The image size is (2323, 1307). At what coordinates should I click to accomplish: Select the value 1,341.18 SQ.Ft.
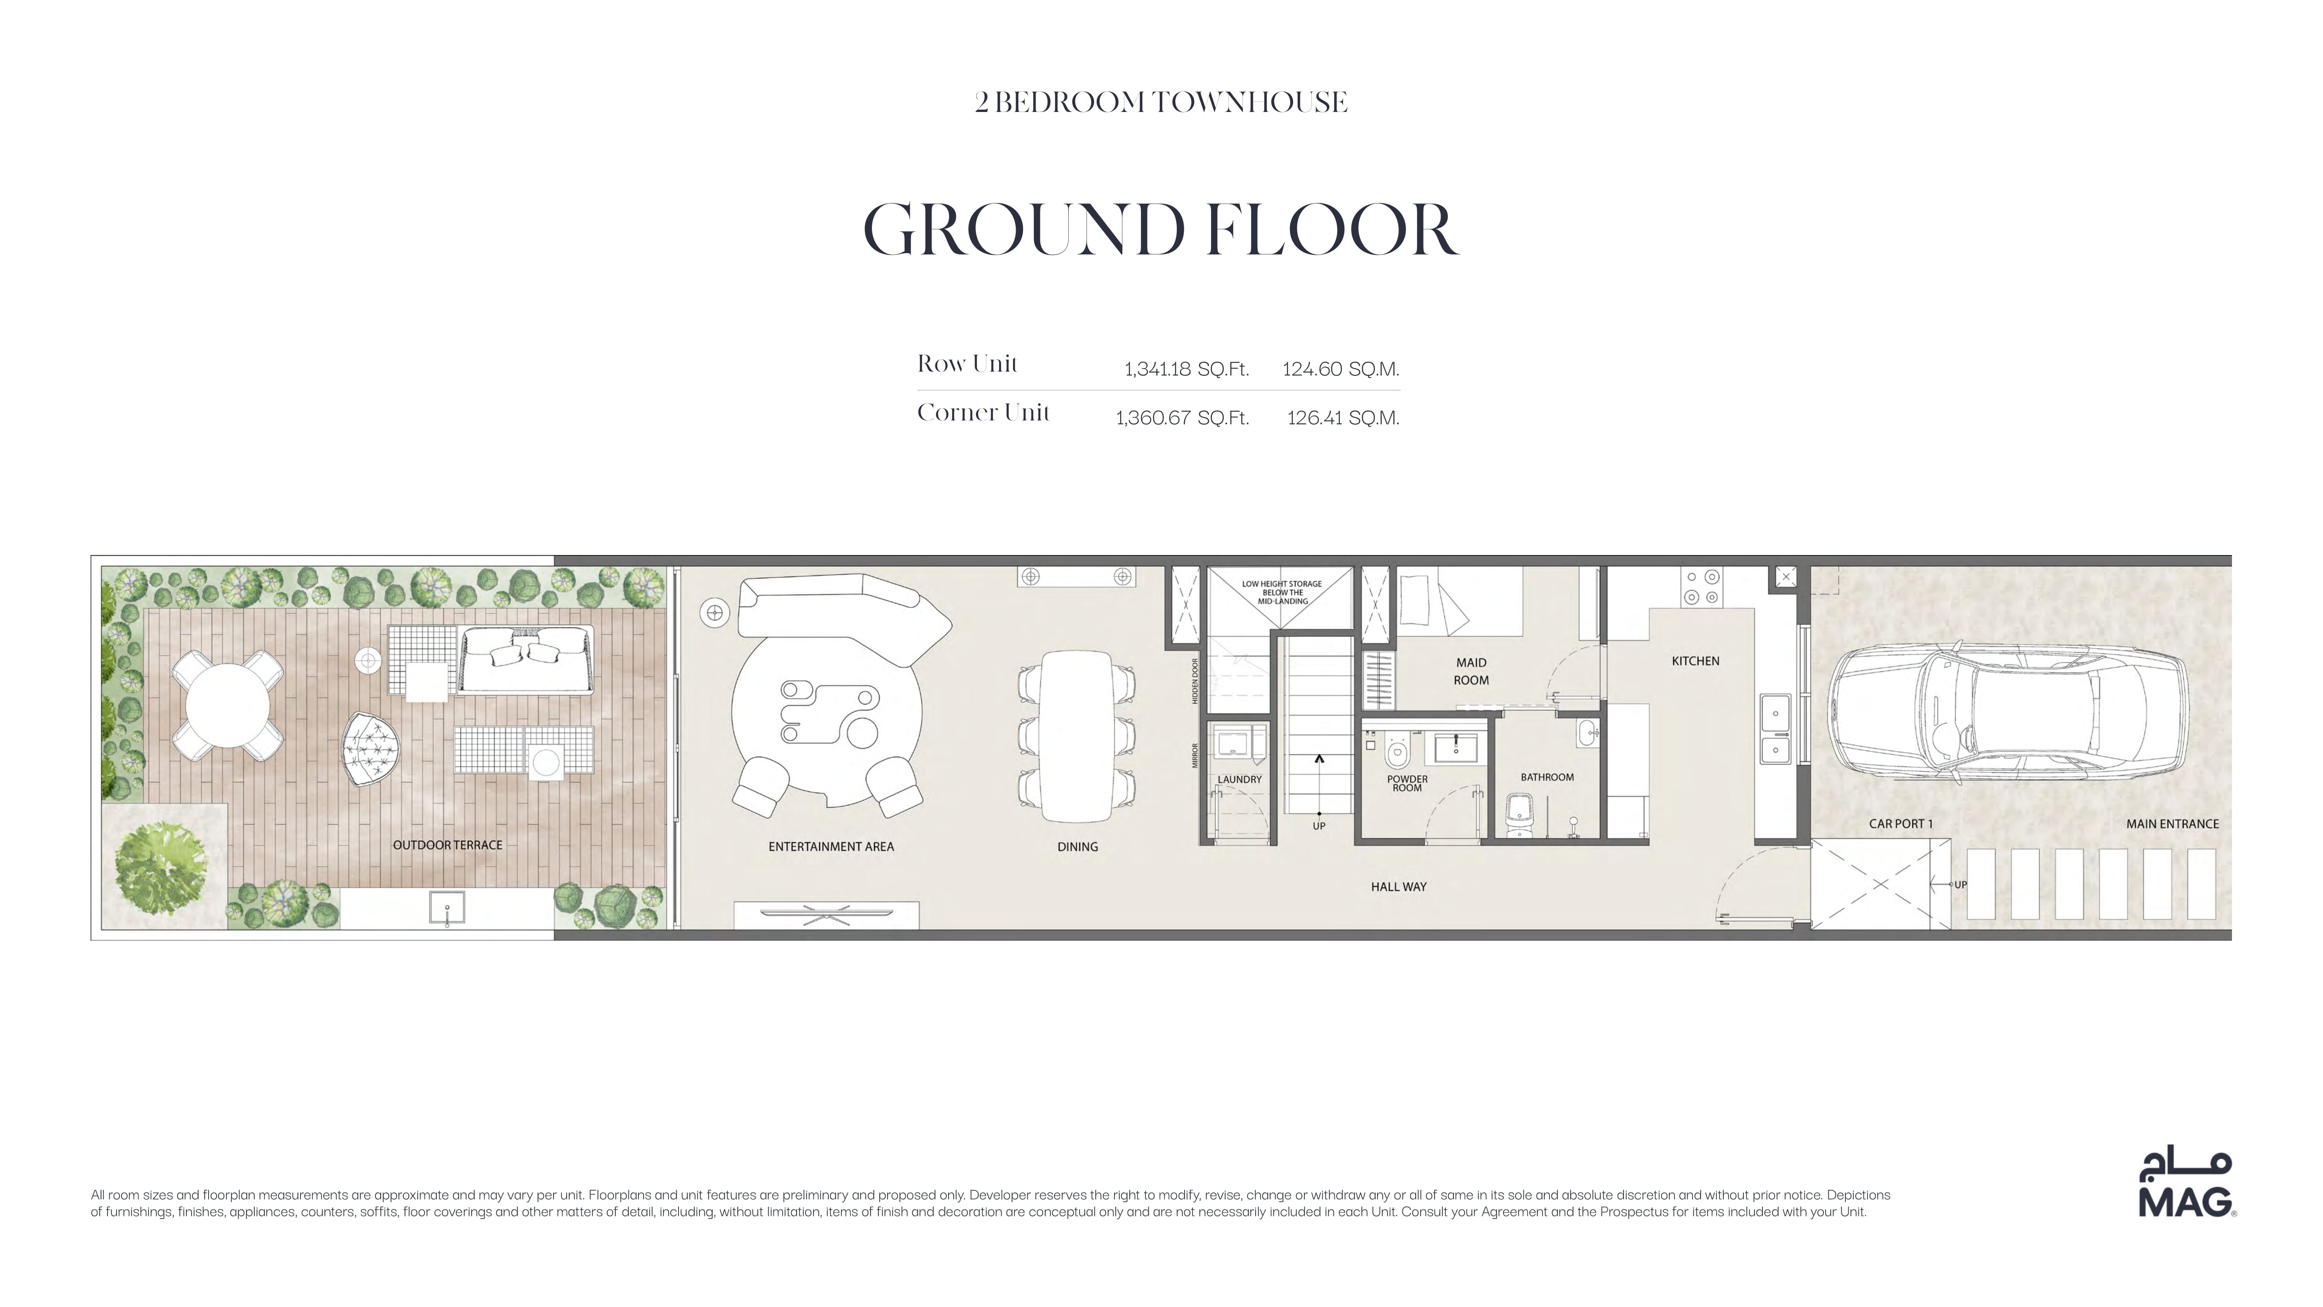1186,369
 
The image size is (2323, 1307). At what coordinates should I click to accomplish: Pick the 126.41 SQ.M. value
1343,418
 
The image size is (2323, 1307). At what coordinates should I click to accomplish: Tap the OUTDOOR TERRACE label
447,845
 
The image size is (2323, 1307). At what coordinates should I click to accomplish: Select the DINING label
1077,847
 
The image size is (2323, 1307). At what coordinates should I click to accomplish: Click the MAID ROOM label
1471,671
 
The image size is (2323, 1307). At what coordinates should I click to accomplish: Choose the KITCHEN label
1695,661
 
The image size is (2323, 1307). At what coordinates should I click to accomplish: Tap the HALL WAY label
1399,887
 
